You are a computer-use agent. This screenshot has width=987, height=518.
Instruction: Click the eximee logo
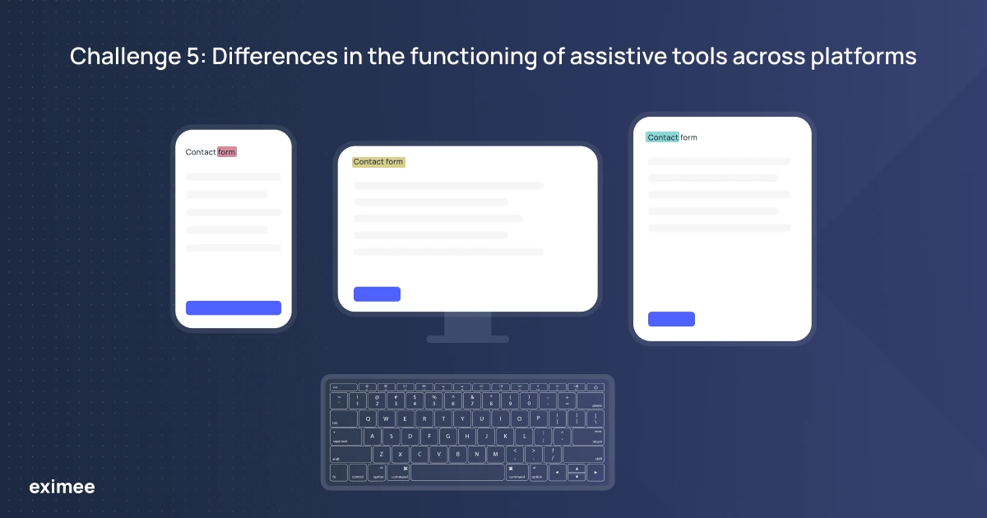(x=62, y=488)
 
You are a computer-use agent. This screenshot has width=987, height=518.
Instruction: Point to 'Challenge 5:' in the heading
(x=135, y=56)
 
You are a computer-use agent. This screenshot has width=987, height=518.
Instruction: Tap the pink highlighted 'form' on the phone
(x=227, y=152)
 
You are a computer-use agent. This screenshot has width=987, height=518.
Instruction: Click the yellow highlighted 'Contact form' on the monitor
(x=378, y=162)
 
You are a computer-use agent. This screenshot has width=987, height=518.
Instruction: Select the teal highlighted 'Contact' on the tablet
(x=662, y=137)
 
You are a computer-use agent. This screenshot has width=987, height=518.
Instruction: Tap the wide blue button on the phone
(x=234, y=308)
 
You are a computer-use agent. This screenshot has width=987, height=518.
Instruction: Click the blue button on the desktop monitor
(x=377, y=294)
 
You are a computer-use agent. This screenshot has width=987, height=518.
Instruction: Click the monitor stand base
(x=467, y=338)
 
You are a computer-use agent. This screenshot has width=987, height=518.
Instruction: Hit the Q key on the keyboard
(x=368, y=419)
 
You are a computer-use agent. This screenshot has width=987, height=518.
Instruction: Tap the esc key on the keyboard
(x=343, y=387)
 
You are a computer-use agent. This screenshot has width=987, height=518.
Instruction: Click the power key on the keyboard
(x=595, y=387)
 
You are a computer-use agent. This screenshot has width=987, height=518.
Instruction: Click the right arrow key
(x=595, y=473)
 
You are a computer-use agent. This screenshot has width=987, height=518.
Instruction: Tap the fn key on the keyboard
(x=338, y=473)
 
